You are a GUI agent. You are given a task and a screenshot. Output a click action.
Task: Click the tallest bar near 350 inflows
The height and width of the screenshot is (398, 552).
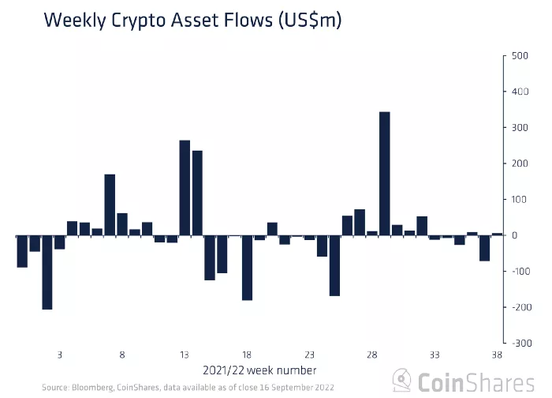tap(385, 174)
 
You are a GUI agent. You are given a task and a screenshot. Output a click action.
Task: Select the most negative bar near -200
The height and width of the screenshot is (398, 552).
tap(47, 272)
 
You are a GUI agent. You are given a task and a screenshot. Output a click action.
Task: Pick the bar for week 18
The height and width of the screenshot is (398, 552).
tap(247, 268)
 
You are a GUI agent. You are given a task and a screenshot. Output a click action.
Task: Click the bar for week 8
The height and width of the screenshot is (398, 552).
tap(122, 224)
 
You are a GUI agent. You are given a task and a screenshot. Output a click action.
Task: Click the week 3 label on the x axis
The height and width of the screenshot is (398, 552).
tap(60, 355)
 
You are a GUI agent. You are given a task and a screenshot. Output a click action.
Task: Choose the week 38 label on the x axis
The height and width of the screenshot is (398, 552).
tap(497, 355)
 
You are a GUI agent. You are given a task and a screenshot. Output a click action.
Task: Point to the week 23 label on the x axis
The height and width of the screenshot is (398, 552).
tap(310, 355)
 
